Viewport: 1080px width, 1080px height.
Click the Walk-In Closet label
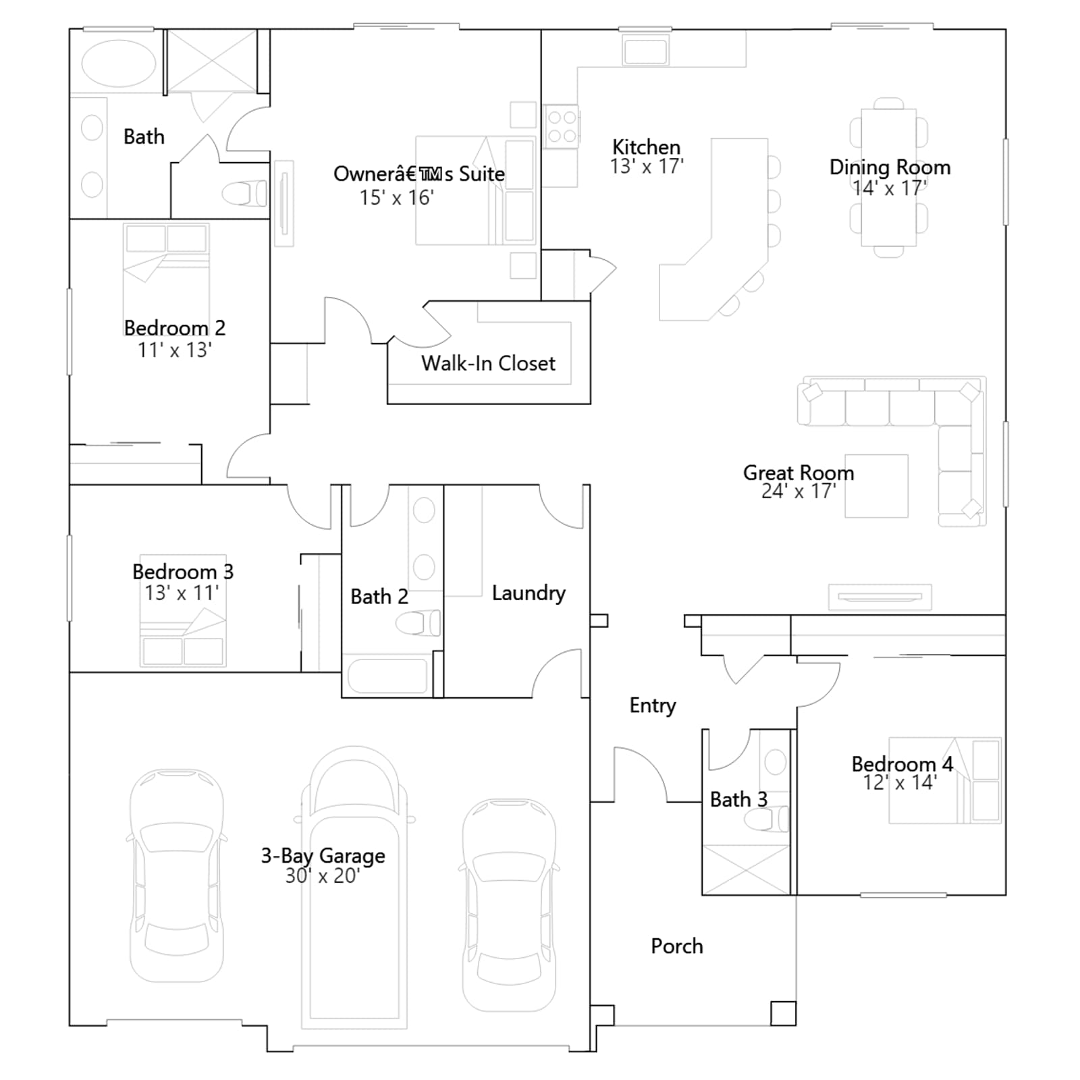tap(488, 363)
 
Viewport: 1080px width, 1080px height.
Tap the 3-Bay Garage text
tap(323, 856)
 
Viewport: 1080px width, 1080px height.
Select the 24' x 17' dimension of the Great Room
tap(799, 491)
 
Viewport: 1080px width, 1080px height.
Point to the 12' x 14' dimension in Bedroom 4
tap(900, 783)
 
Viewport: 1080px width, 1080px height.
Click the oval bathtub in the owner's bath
tap(119, 64)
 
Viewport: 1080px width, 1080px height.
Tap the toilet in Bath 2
tap(418, 623)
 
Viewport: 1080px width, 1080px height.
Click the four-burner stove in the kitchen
tap(562, 126)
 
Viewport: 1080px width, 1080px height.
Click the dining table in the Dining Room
tap(888, 178)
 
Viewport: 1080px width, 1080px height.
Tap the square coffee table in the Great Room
tap(876, 486)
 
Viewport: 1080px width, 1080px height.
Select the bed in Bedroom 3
tap(183, 611)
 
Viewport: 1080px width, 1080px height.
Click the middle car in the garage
tap(354, 888)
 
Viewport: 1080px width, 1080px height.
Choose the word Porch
tap(677, 946)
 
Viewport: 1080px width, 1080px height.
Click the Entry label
tap(653, 705)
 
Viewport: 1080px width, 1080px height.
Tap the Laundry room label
tap(529, 593)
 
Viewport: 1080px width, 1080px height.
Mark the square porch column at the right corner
tap(783, 1013)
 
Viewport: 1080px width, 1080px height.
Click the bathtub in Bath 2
tap(387, 676)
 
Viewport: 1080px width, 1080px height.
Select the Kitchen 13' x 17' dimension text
tap(647, 166)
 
